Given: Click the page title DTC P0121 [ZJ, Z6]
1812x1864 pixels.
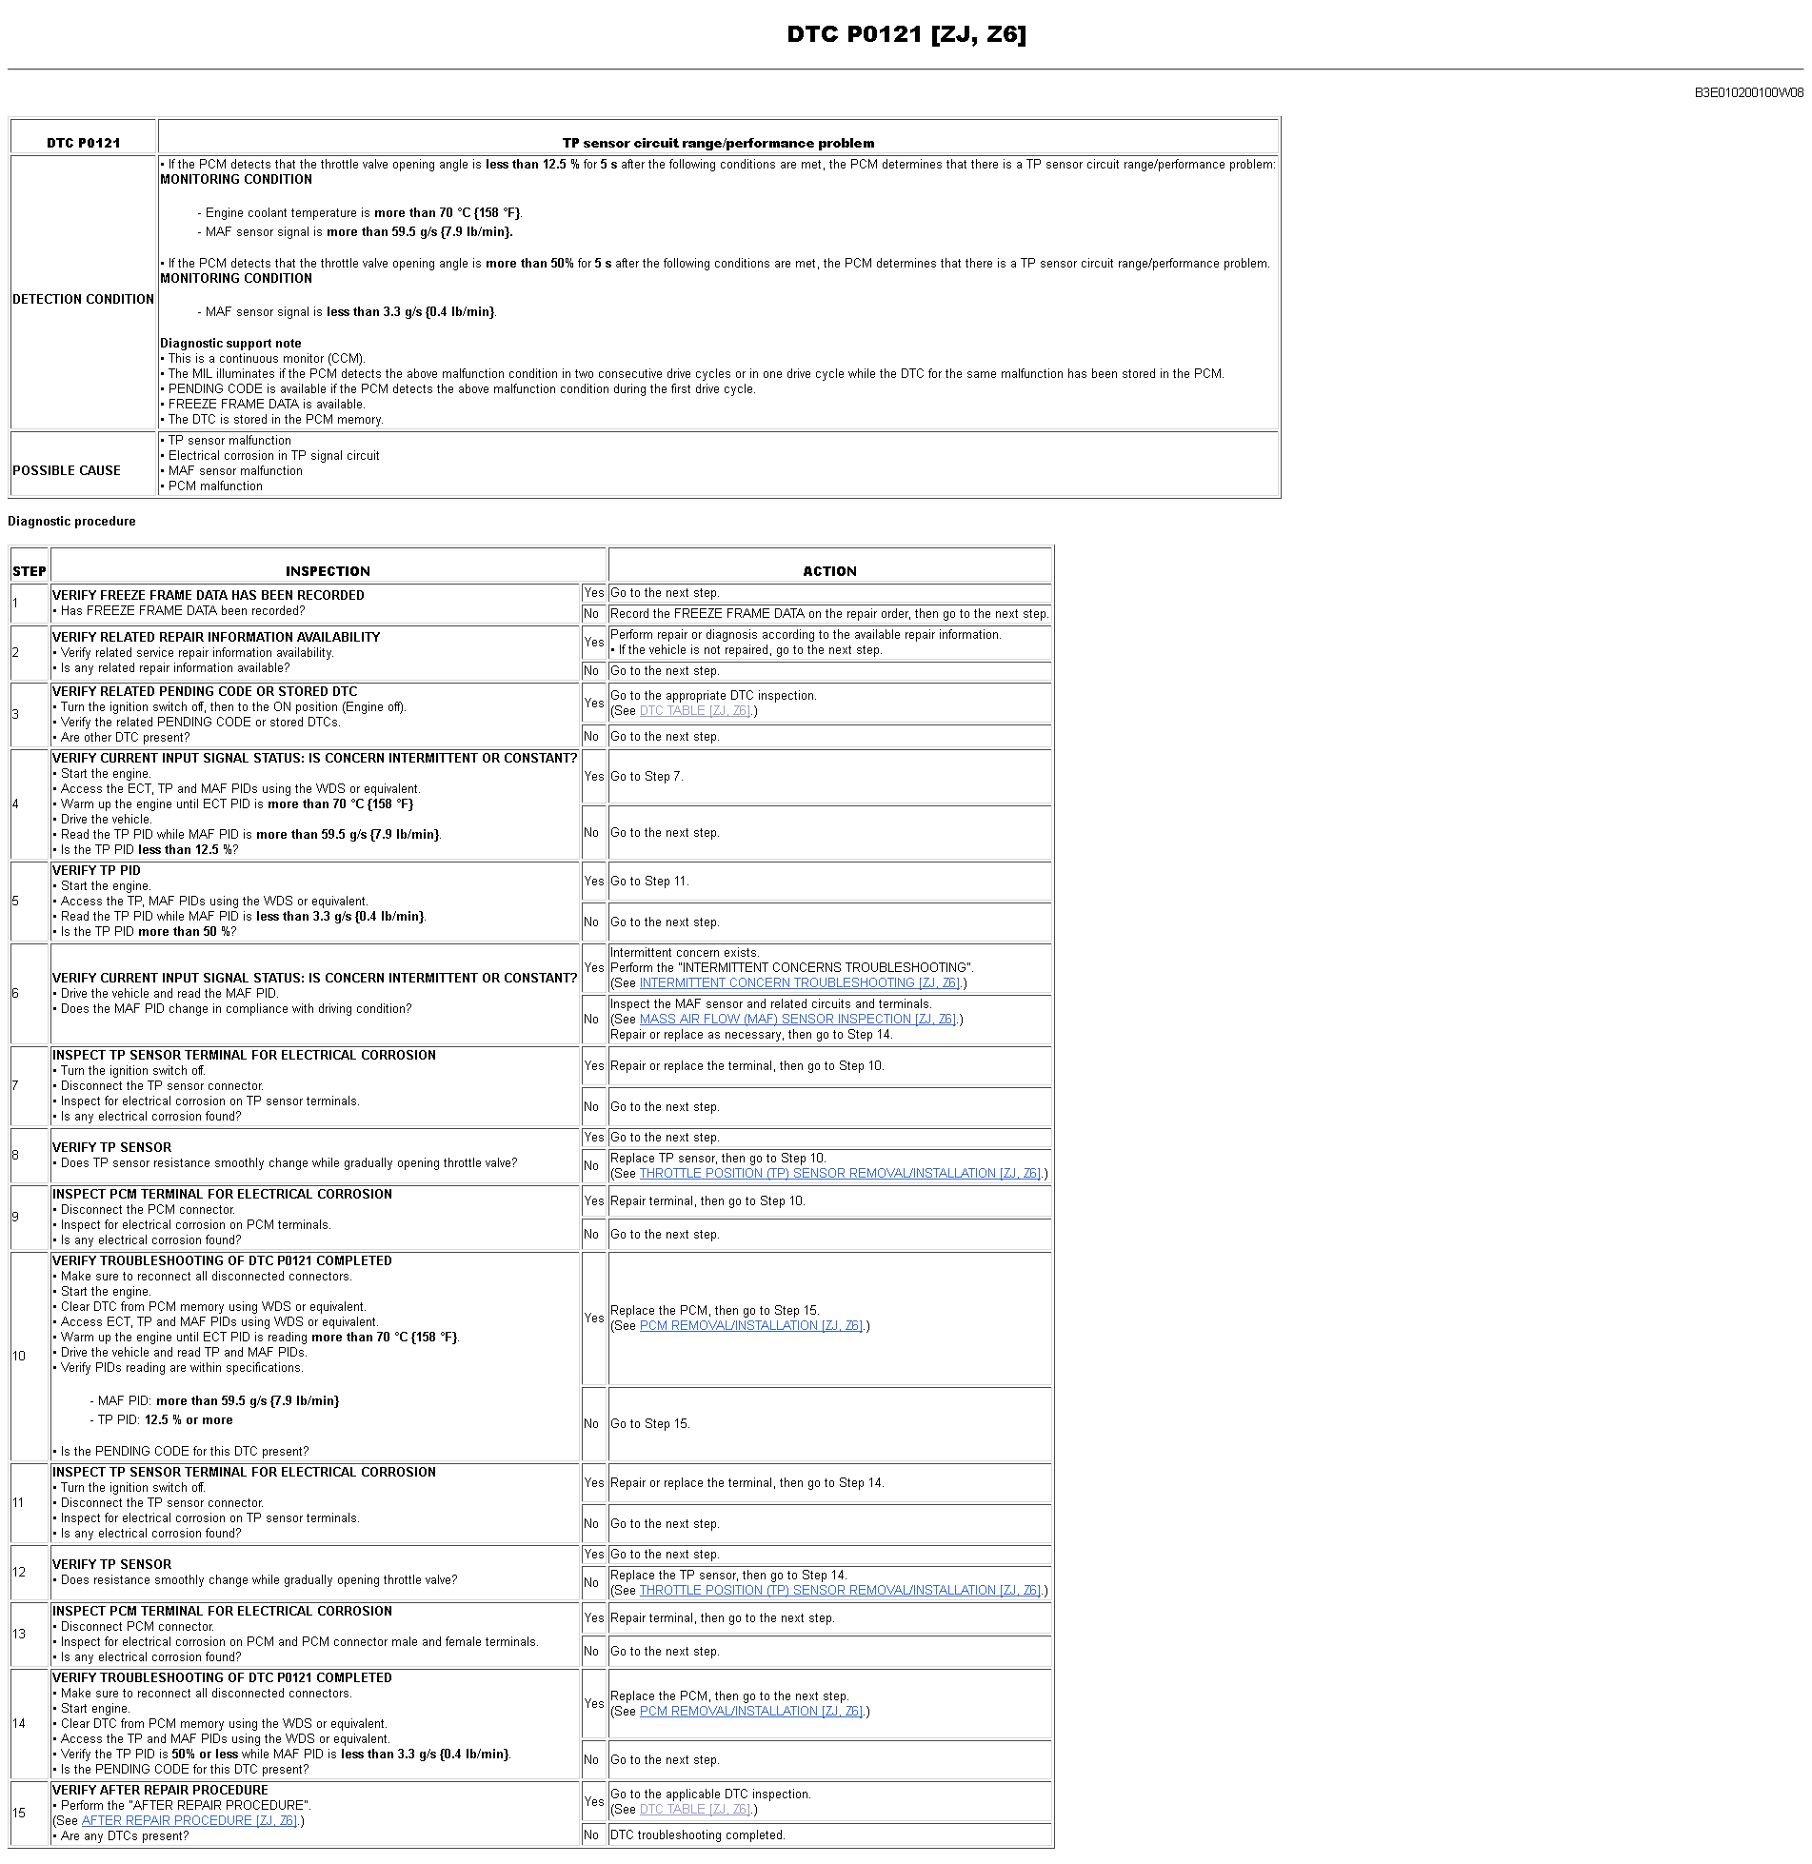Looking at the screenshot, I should [x=906, y=34].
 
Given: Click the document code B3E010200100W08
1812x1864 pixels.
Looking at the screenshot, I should [x=1748, y=92].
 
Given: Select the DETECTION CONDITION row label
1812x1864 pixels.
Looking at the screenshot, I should [x=83, y=299].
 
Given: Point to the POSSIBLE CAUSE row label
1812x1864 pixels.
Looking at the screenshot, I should [x=67, y=470].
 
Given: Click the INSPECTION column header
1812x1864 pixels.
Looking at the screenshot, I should [x=328, y=571].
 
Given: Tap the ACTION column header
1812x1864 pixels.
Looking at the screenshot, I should [x=829, y=571].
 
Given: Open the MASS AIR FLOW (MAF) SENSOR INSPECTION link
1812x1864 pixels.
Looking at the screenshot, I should [x=798, y=1019].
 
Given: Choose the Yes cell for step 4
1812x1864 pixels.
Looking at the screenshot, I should [x=594, y=776].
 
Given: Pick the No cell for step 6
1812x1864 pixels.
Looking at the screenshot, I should [x=591, y=1019].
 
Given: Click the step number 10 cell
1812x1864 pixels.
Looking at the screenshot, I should [x=19, y=1356].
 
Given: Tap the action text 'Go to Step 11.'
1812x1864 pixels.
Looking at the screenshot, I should [x=649, y=881].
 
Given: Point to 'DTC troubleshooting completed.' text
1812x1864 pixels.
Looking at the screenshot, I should [x=698, y=1834].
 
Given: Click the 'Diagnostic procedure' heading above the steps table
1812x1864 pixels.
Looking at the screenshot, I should [x=71, y=521].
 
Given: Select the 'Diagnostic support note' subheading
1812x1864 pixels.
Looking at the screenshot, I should [x=230, y=343].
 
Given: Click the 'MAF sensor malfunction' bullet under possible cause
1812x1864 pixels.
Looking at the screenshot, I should [x=235, y=470].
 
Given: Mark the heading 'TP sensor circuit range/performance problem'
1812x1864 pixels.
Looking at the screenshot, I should [x=718, y=143].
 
